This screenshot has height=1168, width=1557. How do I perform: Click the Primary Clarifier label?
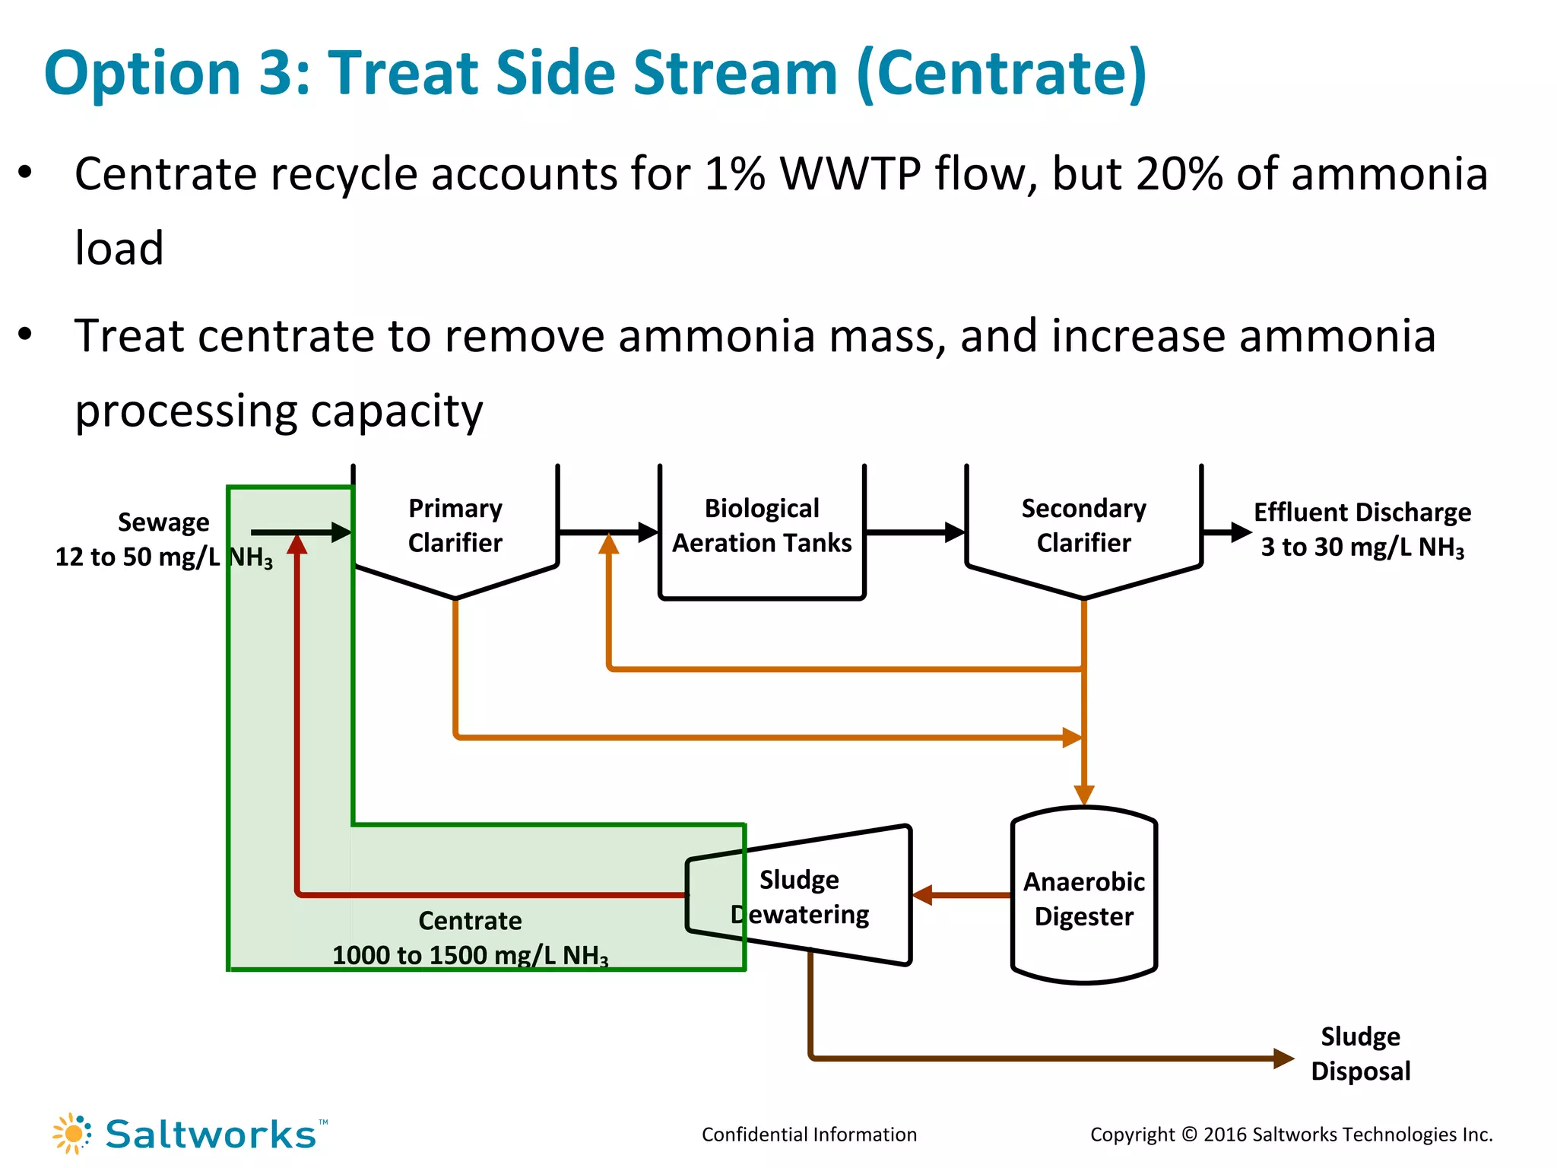pos(455,525)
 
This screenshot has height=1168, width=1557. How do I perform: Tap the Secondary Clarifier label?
pos(1083,525)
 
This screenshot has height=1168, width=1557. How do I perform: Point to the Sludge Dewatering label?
pos(800,897)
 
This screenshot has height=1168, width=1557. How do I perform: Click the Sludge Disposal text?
pos(1360,1054)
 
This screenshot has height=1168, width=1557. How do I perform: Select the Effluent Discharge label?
pos(1362,513)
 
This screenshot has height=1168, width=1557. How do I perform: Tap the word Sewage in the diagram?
pos(163,522)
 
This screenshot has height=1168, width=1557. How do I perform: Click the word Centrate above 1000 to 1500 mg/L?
pos(470,921)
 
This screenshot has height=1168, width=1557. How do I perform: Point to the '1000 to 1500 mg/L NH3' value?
pos(470,956)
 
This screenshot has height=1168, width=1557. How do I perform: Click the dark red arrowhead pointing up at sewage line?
pos(297,544)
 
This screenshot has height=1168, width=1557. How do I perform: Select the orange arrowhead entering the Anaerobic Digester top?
pos(1083,795)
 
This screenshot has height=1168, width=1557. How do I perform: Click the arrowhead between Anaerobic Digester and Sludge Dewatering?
pos(922,895)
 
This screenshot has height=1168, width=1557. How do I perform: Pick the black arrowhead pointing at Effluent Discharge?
pos(1241,532)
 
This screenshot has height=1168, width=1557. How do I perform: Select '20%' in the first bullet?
pos(1179,173)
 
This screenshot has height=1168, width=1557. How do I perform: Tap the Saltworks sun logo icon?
pos(72,1134)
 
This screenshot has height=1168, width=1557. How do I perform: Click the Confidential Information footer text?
pos(809,1135)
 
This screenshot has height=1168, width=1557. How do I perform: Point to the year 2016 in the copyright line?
pos(1225,1135)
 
